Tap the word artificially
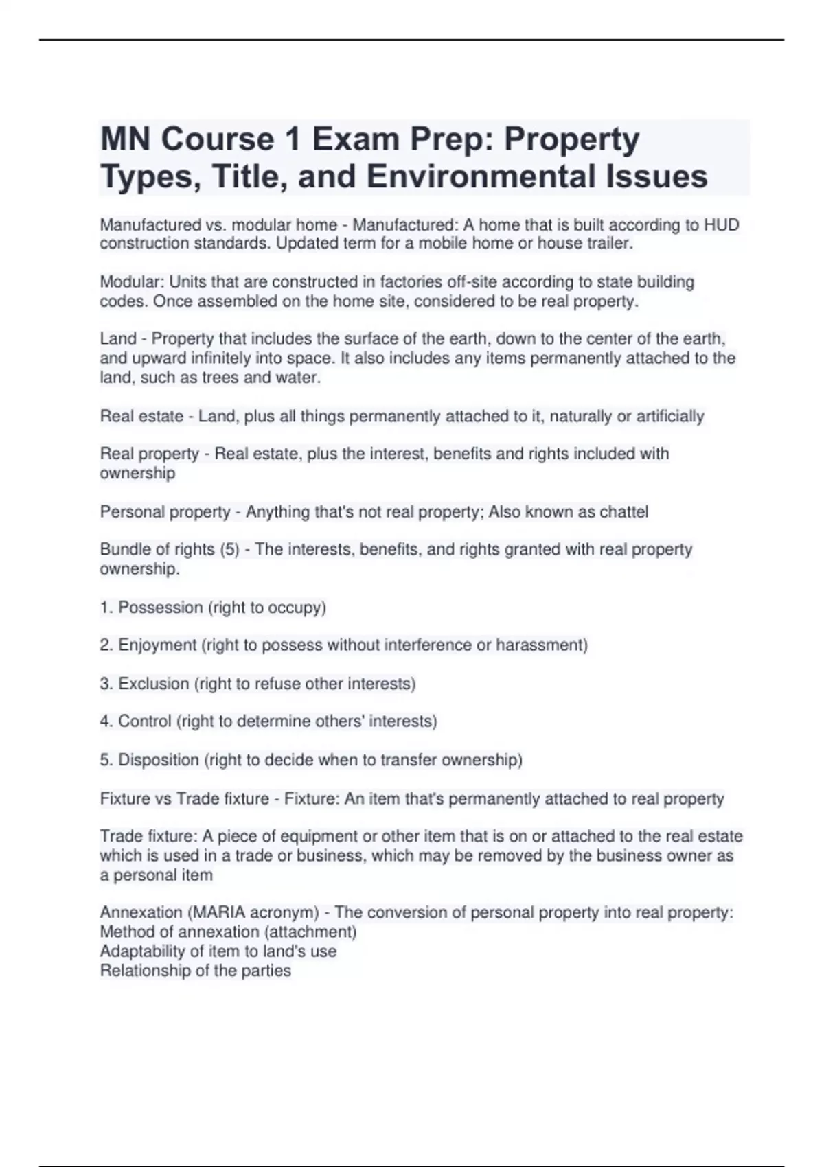(x=670, y=417)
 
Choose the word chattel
(x=623, y=512)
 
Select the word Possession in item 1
(x=161, y=608)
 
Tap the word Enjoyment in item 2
(x=157, y=645)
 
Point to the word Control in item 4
(x=144, y=721)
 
